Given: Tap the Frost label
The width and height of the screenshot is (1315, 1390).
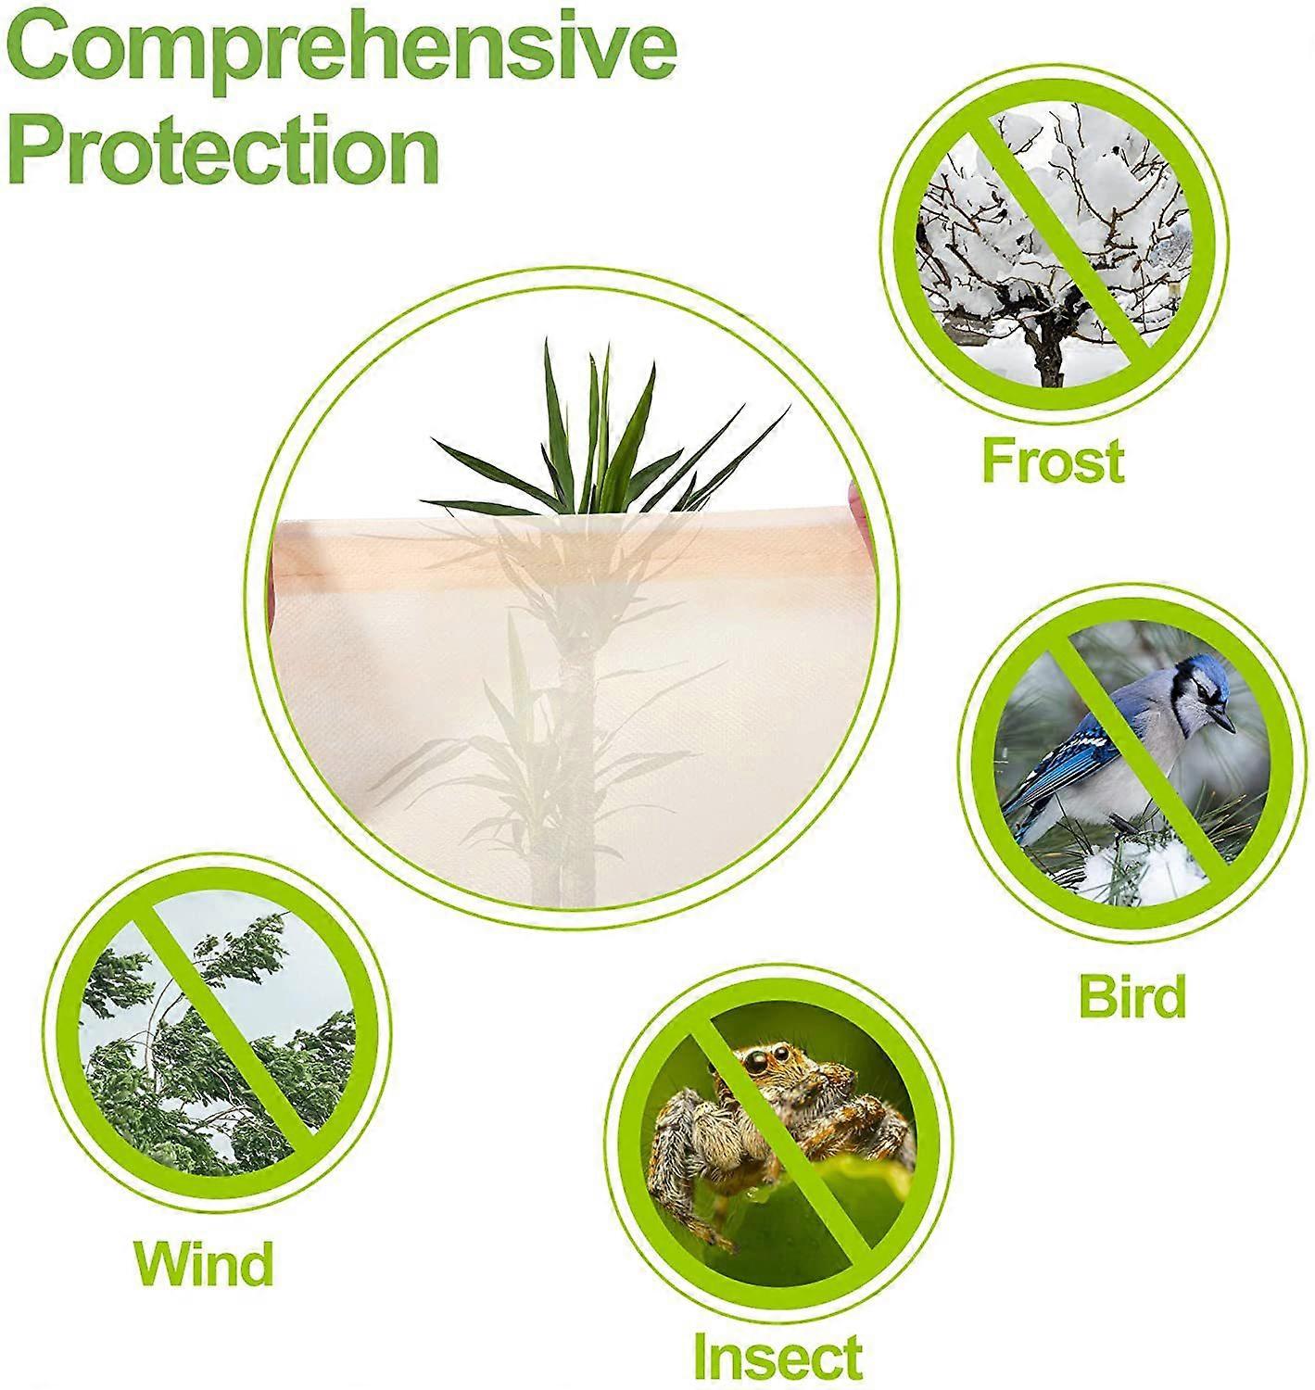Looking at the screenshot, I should (1053, 461).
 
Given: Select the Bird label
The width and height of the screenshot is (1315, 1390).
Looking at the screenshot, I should (1132, 996).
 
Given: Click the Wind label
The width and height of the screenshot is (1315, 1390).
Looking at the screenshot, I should (204, 1262).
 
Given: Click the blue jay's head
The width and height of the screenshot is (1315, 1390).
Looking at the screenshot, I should (1201, 686).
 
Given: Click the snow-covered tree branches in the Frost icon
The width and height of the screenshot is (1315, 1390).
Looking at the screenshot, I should (973, 232).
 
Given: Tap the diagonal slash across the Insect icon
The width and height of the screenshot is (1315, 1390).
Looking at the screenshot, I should (788, 1140).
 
